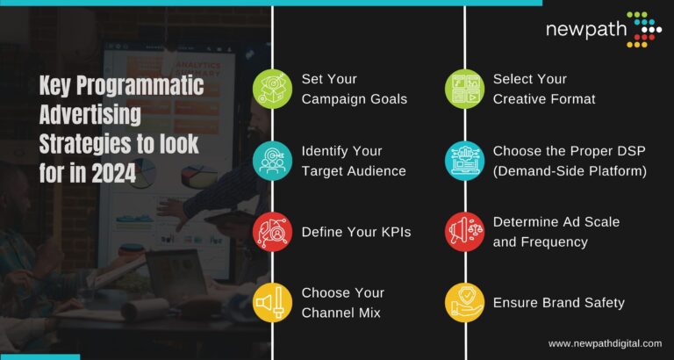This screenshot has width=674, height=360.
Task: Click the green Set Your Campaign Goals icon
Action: tap(272, 89)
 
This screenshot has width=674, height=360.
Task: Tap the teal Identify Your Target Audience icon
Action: tap(272, 161)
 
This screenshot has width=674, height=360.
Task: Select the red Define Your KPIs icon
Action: tap(272, 232)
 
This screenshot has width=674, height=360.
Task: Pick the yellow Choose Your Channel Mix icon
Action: tap(272, 303)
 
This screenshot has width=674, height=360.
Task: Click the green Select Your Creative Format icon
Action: tap(464, 89)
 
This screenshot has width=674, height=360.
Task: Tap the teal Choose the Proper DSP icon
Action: tap(464, 161)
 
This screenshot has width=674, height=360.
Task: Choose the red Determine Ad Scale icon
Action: tap(464, 232)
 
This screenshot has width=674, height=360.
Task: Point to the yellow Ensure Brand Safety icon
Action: tap(464, 303)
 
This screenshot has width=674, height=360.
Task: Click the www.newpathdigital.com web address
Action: tap(605, 343)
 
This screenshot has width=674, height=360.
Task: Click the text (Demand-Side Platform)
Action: tap(570, 170)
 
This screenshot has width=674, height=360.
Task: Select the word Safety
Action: tap(601, 303)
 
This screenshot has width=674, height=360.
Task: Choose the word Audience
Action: tap(376, 170)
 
